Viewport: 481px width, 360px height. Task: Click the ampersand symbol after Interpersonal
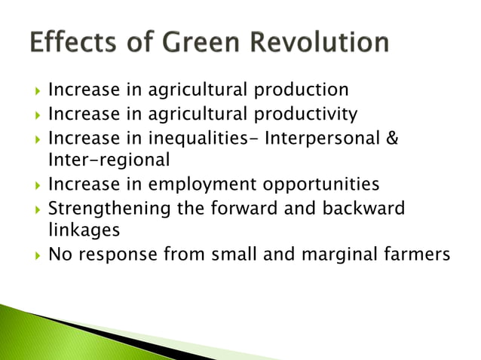coord(393,139)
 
